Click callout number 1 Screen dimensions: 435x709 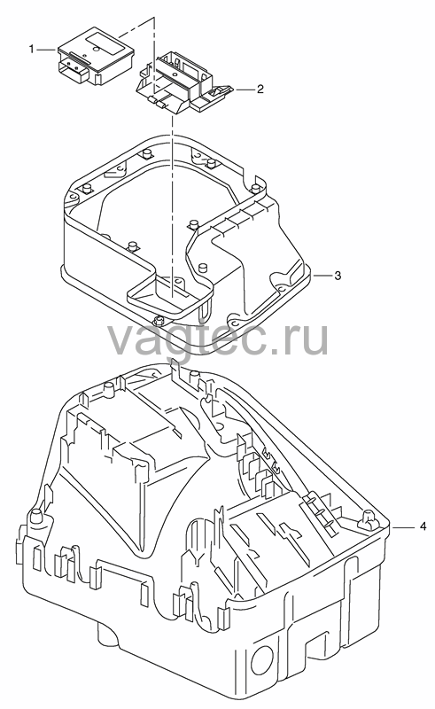(x=32, y=49)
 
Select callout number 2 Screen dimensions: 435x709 (x=260, y=89)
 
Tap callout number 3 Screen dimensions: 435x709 (x=338, y=275)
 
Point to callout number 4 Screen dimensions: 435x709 (x=423, y=526)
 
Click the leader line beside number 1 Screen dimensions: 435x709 (x=47, y=49)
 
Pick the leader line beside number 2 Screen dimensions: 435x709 (x=244, y=90)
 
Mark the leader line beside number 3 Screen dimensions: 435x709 (x=321, y=275)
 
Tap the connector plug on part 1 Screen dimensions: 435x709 (x=74, y=73)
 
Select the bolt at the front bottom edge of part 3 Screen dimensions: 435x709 (x=159, y=321)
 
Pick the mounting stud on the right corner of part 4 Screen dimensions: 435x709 (x=370, y=520)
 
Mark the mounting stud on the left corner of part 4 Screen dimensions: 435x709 (x=36, y=516)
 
